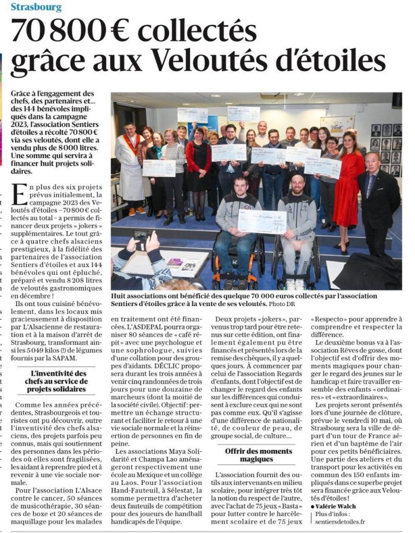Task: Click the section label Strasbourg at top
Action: [36, 8]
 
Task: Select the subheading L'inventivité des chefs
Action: [58, 382]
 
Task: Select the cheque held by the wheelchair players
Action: [262, 221]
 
